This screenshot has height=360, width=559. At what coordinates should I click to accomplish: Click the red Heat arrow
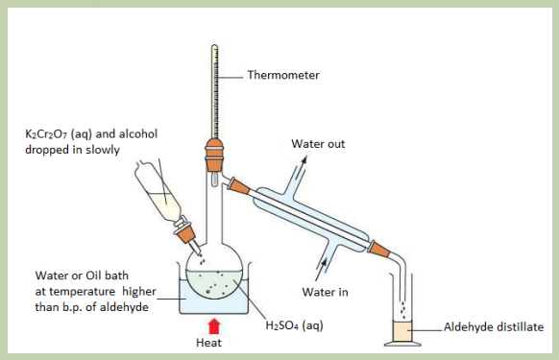214,326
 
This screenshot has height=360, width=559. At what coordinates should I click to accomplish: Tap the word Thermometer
283,75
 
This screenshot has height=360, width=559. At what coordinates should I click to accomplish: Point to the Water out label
318,144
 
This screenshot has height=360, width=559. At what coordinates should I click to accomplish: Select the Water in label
325,292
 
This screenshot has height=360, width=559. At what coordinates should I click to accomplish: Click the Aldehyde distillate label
494,326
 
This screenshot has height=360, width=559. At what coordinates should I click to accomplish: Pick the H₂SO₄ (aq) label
295,325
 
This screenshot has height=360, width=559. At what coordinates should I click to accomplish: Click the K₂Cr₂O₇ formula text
46,134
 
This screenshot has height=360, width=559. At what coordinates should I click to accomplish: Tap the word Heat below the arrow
208,343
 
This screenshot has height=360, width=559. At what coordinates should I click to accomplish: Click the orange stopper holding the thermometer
214,156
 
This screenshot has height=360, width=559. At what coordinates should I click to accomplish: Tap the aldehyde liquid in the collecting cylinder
402,331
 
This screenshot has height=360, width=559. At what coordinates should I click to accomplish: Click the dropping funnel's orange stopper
185,233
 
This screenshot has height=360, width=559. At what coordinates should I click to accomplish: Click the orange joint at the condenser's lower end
378,250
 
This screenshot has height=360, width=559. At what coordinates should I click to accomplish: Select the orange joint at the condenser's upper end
239,186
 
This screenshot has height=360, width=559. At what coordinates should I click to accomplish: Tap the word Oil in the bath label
94,276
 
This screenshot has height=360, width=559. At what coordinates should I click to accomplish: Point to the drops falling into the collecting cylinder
402,311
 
